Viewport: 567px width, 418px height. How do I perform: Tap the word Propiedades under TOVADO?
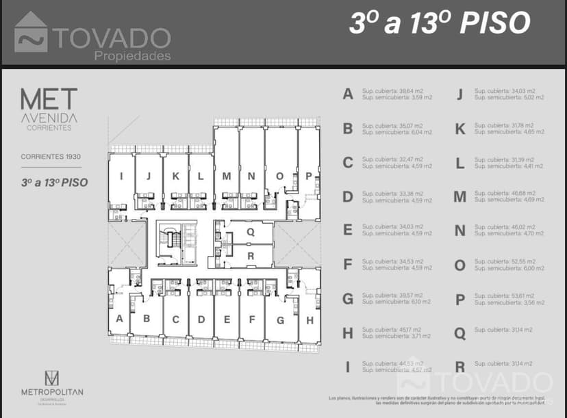pos(131,56)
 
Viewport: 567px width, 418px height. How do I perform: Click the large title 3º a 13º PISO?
pos(439,23)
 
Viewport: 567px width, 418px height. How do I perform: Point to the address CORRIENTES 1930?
pos(51,157)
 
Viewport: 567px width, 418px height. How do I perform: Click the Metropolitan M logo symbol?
pos(52,378)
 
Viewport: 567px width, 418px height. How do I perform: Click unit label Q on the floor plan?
pos(251,232)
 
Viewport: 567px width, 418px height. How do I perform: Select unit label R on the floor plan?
pos(251,256)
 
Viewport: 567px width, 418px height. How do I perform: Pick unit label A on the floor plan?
pos(119,318)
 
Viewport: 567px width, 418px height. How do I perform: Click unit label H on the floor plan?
pos(310,319)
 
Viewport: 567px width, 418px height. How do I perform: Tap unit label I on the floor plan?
pos(121,176)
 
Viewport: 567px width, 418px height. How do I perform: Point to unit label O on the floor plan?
pos(279,176)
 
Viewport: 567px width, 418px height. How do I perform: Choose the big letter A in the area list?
pos(348,94)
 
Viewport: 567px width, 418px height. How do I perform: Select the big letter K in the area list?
pos(459,129)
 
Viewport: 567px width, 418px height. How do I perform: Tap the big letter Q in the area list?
pos(459,333)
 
